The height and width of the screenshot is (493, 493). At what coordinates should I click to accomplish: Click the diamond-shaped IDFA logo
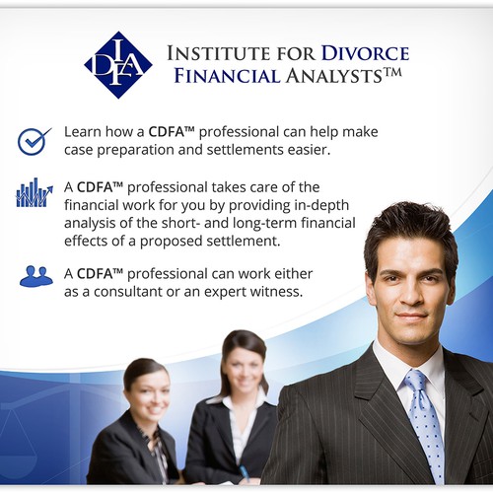point(118,65)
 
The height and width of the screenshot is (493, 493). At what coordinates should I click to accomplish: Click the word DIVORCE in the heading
point(365,53)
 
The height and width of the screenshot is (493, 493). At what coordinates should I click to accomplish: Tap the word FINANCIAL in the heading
point(227,76)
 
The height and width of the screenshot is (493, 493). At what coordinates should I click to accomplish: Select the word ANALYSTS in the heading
point(334,76)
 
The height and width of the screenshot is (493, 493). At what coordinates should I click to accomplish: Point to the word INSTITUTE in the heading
point(218,53)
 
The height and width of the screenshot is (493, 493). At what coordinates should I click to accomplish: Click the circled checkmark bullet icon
point(34,141)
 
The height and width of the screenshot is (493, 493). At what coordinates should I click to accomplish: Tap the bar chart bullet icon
point(35,192)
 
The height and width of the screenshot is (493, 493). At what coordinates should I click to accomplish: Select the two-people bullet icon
point(36,276)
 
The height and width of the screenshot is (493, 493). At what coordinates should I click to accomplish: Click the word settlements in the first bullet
point(246,150)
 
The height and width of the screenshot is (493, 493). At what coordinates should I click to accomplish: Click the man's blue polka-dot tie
point(424,427)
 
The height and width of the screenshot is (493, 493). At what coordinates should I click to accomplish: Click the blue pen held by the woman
point(245,474)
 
